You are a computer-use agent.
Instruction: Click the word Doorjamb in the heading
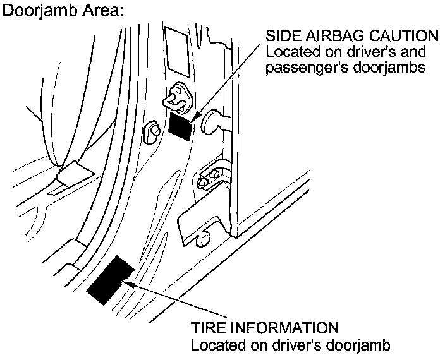(x=39, y=11)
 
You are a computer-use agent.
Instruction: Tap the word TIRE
(x=207, y=329)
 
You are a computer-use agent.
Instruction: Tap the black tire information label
(x=110, y=280)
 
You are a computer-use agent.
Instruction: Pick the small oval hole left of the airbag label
(x=152, y=131)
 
